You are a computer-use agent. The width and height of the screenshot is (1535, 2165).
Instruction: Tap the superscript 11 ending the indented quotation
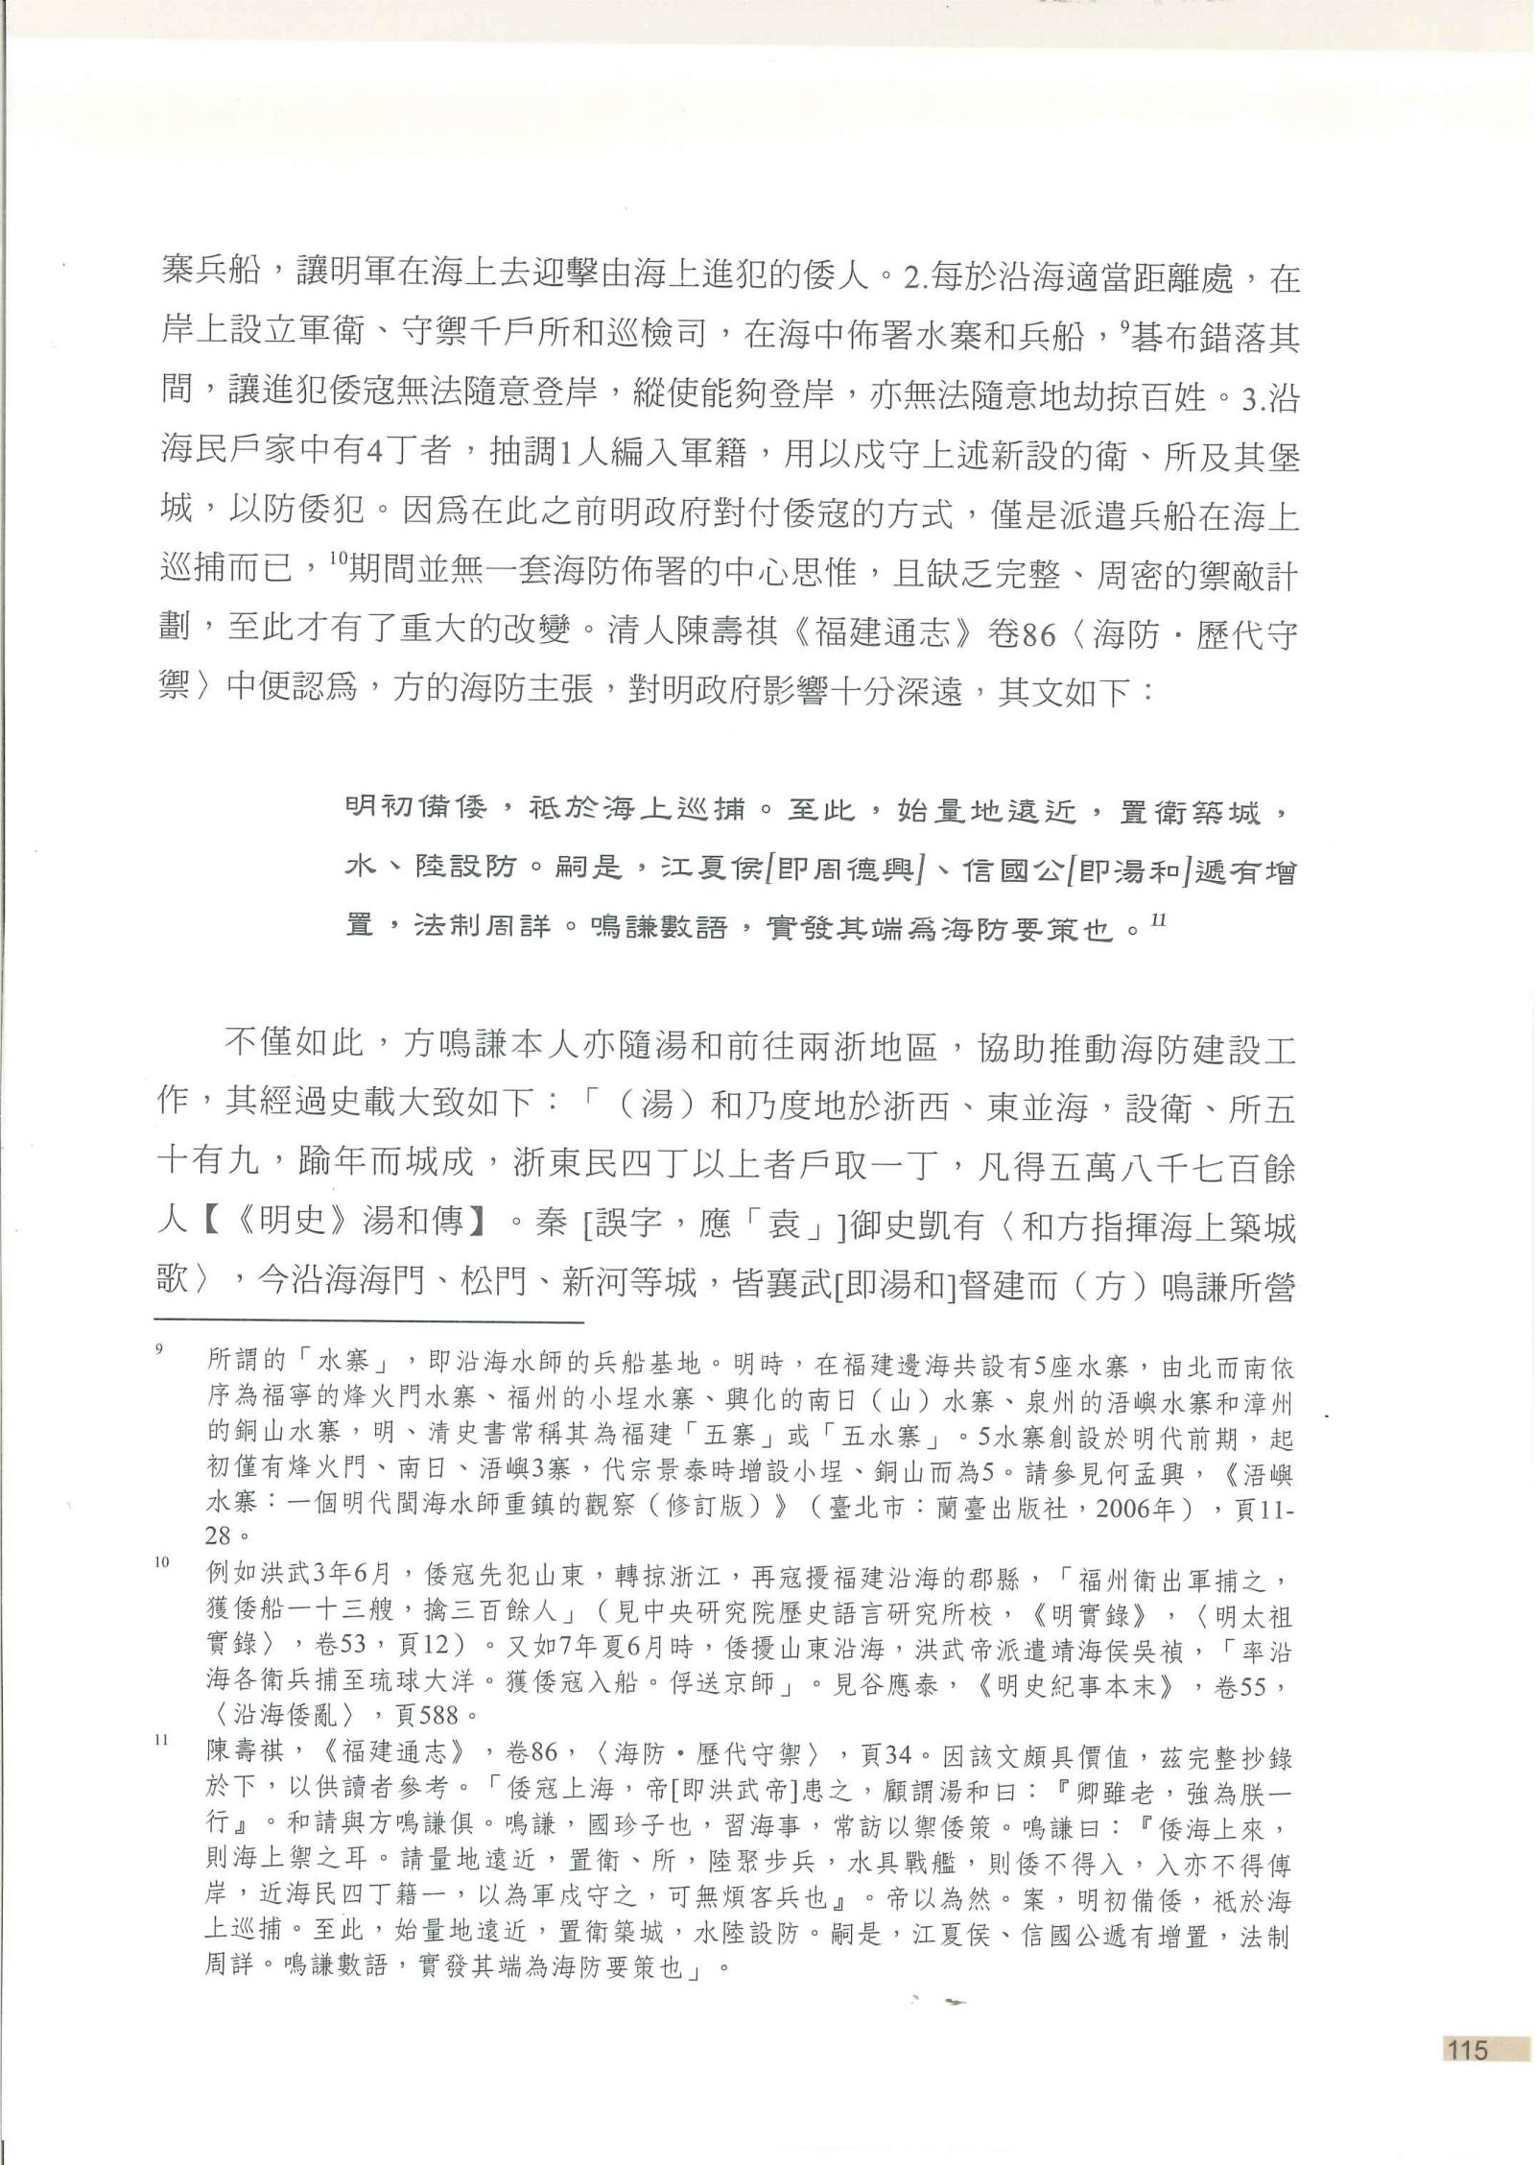coord(1158,918)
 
